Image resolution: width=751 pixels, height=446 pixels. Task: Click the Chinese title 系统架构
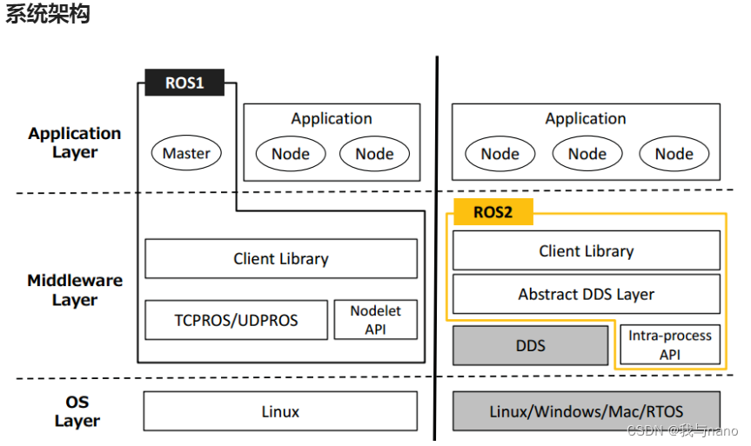pyautogui.click(x=48, y=15)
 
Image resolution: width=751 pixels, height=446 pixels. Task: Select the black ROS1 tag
pyautogui.click(x=184, y=83)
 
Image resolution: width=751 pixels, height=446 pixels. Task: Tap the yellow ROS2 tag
pyautogui.click(x=493, y=212)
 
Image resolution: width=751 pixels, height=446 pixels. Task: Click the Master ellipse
pyautogui.click(x=186, y=154)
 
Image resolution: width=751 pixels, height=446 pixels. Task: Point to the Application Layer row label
pyautogui.click(x=75, y=143)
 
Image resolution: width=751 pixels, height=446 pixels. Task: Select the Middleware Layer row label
pyautogui.click(x=75, y=290)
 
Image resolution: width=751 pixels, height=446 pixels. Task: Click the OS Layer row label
pyautogui.click(x=77, y=411)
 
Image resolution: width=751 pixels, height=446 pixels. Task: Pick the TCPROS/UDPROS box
pyautogui.click(x=236, y=320)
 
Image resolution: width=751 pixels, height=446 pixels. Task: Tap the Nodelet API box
pyautogui.click(x=376, y=320)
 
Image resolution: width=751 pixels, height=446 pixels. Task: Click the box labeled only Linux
pyautogui.click(x=280, y=411)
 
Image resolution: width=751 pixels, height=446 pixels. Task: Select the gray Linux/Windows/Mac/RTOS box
pyautogui.click(x=586, y=411)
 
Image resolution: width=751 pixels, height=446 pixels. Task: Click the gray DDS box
pyautogui.click(x=530, y=345)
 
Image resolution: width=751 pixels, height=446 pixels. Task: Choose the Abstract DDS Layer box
pyautogui.click(x=586, y=294)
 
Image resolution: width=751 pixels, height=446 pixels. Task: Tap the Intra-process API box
pyautogui.click(x=669, y=345)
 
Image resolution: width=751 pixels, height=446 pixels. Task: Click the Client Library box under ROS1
pyautogui.click(x=280, y=258)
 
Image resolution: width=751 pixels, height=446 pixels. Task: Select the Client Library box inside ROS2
pyautogui.click(x=586, y=250)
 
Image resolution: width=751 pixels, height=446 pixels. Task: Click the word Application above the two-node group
pyautogui.click(x=332, y=119)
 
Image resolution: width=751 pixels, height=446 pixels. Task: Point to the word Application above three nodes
pyautogui.click(x=586, y=119)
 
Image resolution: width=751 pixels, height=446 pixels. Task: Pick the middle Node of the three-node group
pyautogui.click(x=587, y=154)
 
